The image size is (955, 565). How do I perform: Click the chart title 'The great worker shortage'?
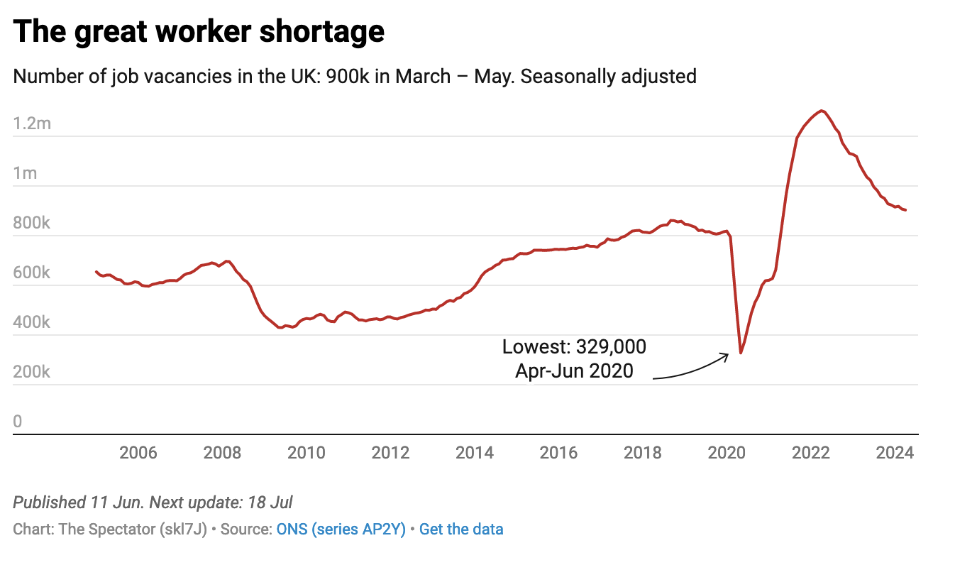pos(199,32)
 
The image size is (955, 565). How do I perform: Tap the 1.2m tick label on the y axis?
pos(32,124)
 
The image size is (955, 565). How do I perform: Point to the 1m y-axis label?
pos(25,173)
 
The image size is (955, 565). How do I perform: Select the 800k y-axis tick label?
pos(32,223)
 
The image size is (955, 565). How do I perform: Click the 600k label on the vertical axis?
pos(32,273)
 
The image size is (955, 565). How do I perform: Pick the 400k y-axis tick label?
pos(32,322)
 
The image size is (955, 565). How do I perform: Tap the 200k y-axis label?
pos(32,372)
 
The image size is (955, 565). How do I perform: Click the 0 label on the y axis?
pos(18,422)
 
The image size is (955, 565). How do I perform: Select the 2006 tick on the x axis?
pos(138,452)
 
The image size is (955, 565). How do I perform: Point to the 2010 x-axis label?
pos(306,452)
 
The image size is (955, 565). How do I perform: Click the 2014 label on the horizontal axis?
pos(474,452)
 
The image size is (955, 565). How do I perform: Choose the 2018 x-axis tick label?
pos(642,452)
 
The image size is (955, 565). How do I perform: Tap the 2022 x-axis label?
pos(811,452)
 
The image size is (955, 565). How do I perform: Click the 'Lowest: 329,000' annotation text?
pos(574,347)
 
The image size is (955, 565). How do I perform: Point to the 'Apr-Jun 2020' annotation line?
pos(574,370)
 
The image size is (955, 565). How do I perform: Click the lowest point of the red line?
pos(741,353)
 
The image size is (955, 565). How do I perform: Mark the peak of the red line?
pos(822,111)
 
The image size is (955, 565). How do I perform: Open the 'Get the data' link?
pos(461,529)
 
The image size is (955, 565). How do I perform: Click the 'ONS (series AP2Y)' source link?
pos(341,529)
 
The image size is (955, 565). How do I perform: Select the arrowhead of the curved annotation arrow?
pos(727,355)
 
